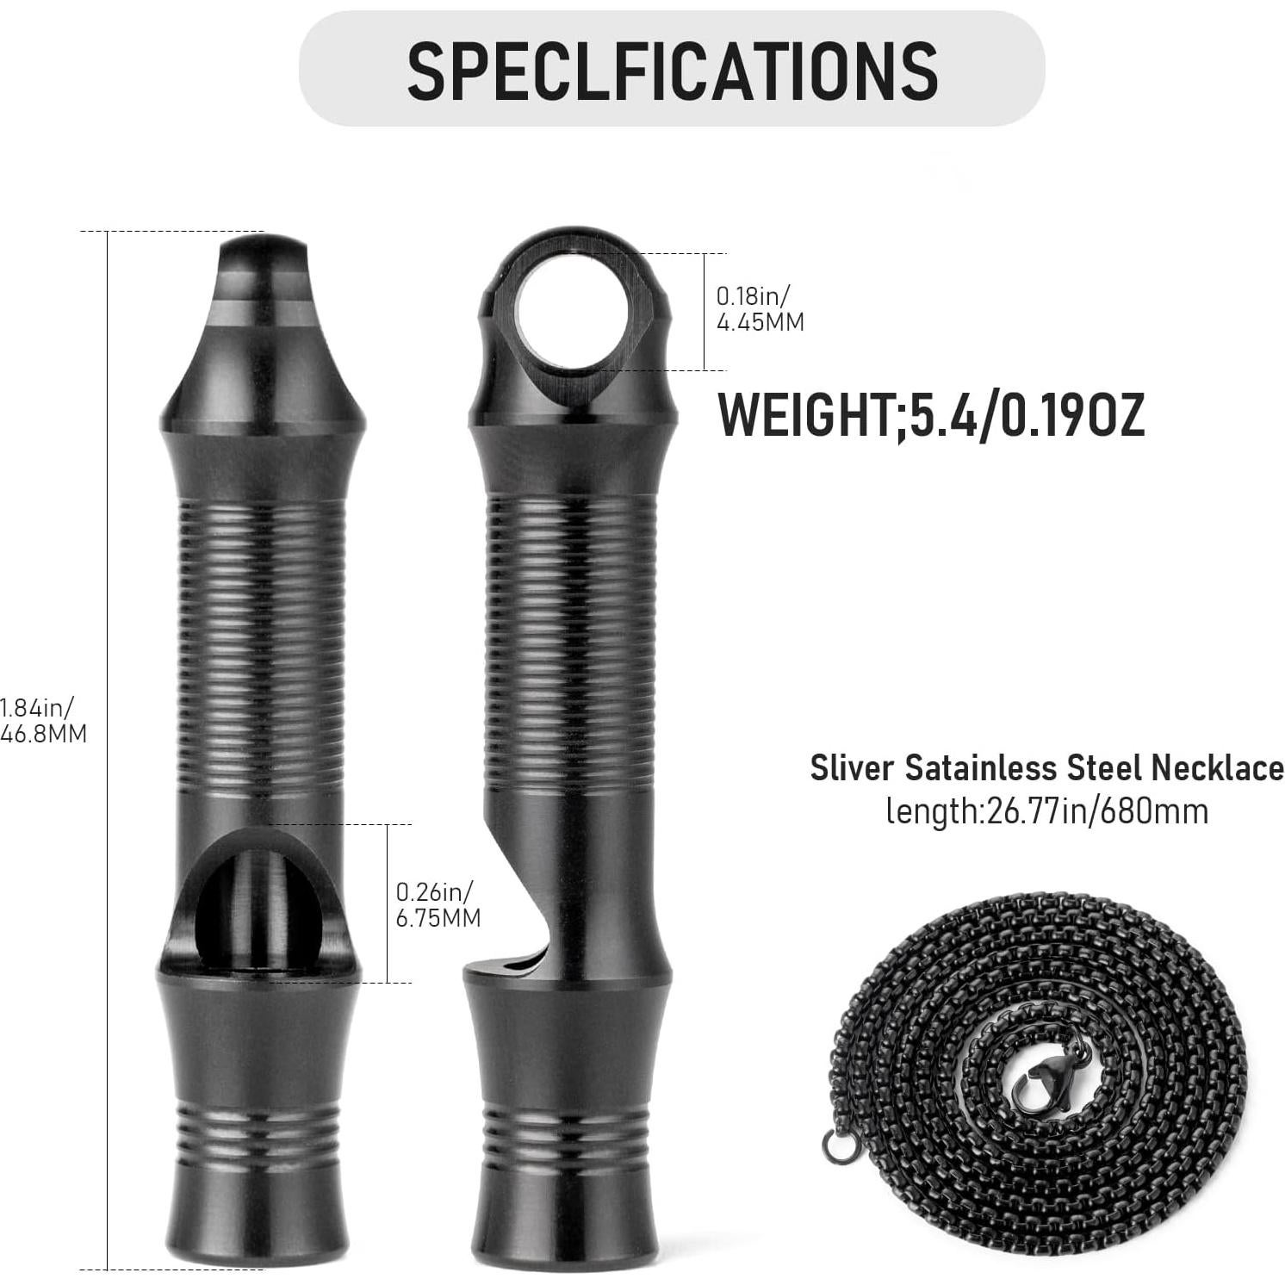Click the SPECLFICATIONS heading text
point(672,70)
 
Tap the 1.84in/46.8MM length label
point(43,720)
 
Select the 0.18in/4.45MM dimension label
point(760,309)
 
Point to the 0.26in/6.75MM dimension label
point(438,904)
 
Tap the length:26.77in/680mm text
point(1046,811)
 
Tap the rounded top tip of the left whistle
point(264,255)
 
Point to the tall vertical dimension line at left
point(108,749)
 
